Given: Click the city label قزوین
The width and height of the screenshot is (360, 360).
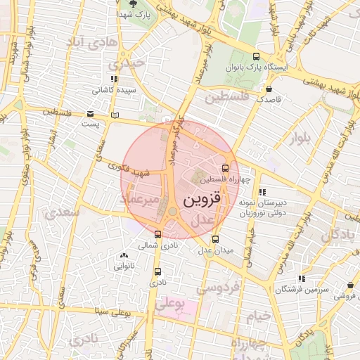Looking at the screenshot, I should coord(202,200).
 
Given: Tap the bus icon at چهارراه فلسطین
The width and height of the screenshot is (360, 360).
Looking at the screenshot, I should coord(225,168).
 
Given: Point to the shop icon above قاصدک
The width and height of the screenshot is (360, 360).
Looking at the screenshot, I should coord(269,89).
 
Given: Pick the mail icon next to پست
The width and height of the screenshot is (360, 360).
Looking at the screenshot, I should coord(89,114).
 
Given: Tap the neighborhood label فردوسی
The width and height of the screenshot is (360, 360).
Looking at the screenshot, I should coord(218,287).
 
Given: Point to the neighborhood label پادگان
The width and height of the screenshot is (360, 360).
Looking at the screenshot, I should coord(338,236).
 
